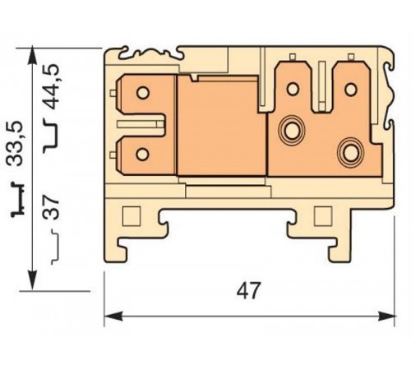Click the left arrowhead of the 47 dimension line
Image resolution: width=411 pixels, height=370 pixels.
pyautogui.click(x=112, y=316)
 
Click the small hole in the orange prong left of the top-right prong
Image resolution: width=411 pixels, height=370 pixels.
pyautogui.click(x=292, y=87)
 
